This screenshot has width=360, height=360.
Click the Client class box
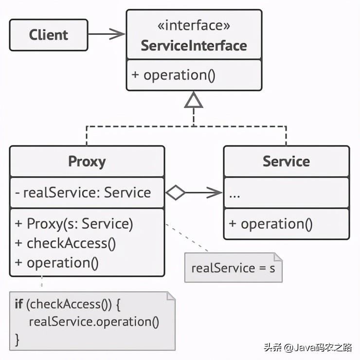tap(49, 35)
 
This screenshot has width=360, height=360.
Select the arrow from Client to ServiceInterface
tap(107, 34)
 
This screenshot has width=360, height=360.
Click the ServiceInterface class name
tap(194, 46)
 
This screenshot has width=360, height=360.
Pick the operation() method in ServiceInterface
tap(173, 75)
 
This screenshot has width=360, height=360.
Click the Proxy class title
tap(87, 162)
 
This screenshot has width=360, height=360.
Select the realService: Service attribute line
tap(83, 193)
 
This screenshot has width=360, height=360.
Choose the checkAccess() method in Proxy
tap(65, 243)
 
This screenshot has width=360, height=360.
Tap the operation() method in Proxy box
tap(57, 263)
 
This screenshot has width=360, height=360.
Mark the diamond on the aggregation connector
tap(176, 193)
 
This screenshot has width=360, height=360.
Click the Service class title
tap(286, 162)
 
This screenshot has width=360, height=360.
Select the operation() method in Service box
tap(270, 224)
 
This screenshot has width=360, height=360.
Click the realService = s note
tap(233, 268)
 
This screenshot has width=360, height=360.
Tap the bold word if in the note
tap(18, 305)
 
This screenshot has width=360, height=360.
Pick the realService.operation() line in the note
tap(94, 322)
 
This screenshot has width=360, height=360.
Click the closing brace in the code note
tap(18, 339)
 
